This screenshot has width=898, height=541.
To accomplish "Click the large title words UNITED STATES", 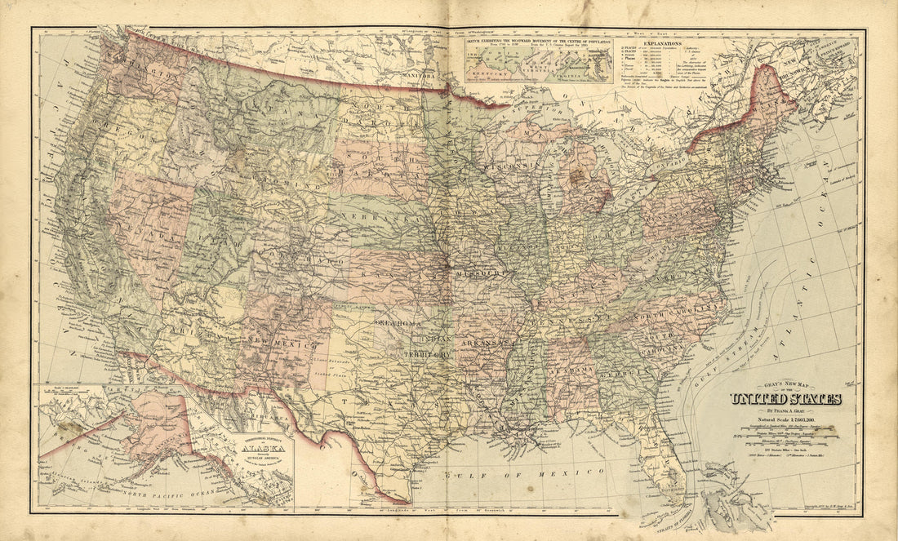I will coord(785,399).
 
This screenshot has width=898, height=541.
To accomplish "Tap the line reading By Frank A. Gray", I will coord(785,410).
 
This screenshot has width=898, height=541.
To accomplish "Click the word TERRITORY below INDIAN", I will coord(426,355).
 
